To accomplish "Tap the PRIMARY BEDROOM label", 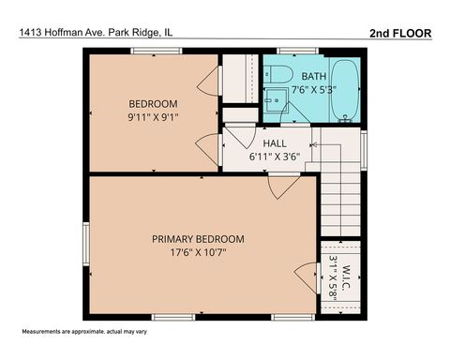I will point(198,238).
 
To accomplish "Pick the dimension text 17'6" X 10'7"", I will point(198,252).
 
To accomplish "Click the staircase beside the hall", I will point(342,202).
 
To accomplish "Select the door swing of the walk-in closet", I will point(307,278).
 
